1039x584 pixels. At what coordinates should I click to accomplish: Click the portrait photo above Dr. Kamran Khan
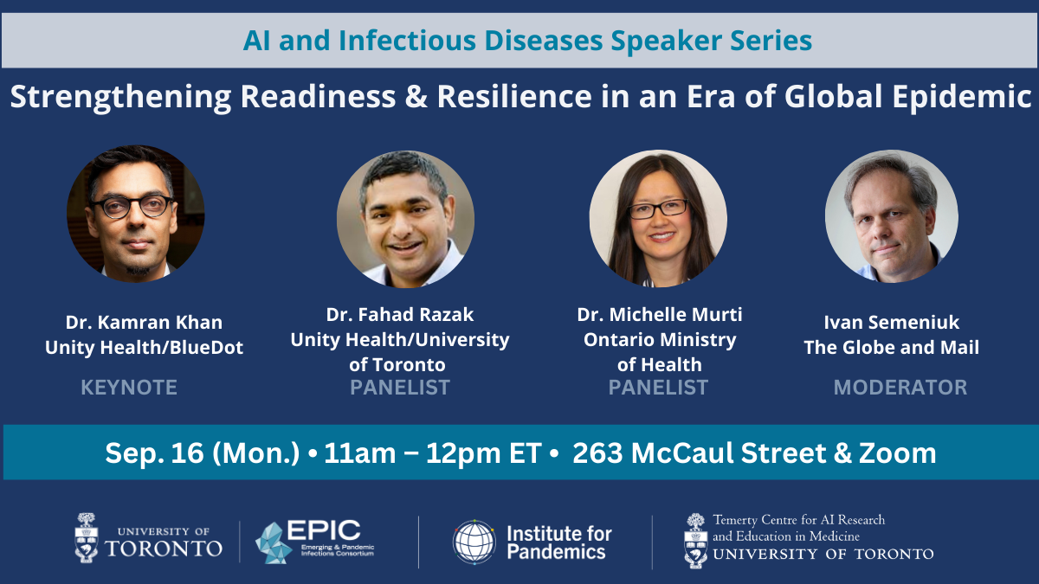(135, 214)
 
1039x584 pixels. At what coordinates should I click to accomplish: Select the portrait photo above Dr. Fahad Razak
(405, 219)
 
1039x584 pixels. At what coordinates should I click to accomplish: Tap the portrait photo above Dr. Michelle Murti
(658, 218)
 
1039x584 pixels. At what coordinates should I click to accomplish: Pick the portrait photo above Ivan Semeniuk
(892, 216)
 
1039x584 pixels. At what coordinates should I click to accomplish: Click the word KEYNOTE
(129, 388)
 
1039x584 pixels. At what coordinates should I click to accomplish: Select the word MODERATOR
(900, 388)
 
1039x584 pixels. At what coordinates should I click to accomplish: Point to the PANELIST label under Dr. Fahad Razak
(400, 388)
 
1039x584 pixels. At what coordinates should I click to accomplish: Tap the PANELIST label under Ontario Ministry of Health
(658, 388)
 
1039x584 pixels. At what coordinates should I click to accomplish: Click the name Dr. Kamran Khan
(144, 323)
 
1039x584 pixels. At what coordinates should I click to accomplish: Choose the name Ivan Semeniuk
(892, 323)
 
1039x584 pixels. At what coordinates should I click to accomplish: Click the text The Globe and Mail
(892, 348)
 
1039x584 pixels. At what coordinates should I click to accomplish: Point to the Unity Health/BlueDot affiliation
(144, 348)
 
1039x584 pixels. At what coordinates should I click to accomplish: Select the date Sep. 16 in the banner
(154, 452)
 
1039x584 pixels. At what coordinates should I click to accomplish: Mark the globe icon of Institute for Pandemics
(474, 542)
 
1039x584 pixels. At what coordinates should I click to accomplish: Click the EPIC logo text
(323, 530)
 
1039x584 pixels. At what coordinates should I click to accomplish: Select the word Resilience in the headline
(514, 96)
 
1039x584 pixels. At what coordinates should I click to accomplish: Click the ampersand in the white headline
(416, 96)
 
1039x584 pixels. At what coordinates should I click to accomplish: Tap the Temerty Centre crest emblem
(696, 541)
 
